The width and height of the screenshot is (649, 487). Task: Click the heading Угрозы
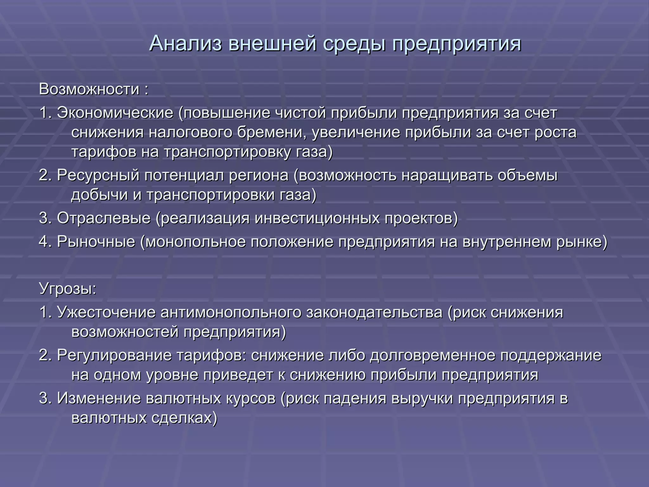(x=67, y=289)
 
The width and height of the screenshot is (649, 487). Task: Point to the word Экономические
(x=115, y=113)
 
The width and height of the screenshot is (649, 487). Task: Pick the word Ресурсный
(x=98, y=175)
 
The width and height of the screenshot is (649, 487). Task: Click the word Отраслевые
(x=104, y=218)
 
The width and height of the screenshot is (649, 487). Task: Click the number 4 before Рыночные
(x=43, y=242)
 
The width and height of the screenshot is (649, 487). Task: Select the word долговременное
(x=433, y=355)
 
